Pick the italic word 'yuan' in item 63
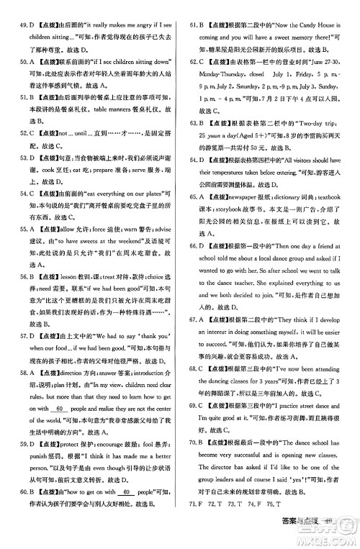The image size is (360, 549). pyautogui.click(x=213, y=135)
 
